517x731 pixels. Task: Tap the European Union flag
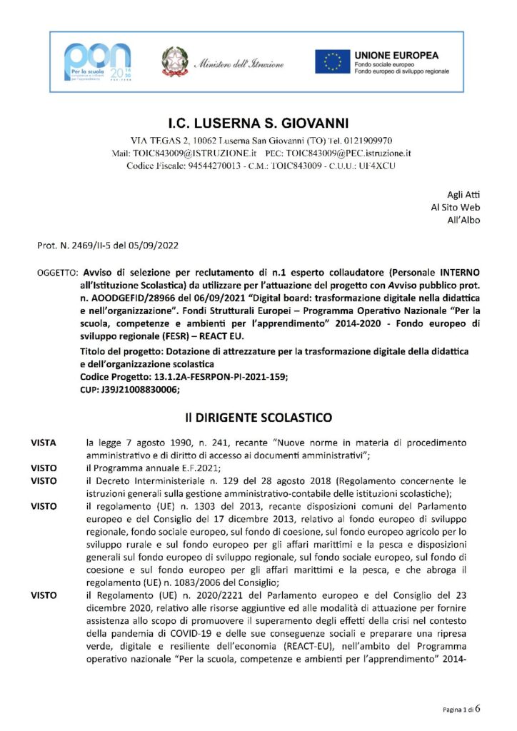click(x=333, y=61)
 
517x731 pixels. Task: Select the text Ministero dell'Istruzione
click(x=239, y=64)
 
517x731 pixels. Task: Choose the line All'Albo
click(x=463, y=220)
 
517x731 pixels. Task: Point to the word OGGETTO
click(x=57, y=273)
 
